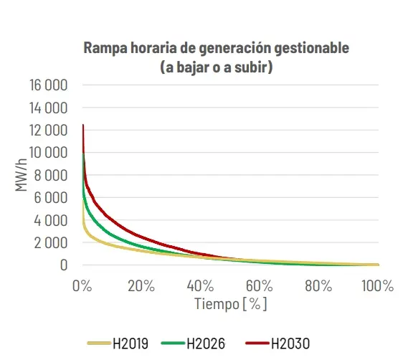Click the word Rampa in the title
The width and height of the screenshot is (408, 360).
[105, 48]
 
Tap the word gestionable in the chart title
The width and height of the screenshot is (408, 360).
[312, 48]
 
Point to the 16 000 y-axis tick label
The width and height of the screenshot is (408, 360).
[48, 85]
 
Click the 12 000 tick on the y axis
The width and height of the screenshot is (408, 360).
[48, 130]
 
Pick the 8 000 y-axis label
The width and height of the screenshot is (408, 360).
[51, 175]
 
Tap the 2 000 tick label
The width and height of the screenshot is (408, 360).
[51, 243]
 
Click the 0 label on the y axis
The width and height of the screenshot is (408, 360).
[64, 265]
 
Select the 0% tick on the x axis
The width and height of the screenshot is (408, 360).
[82, 286]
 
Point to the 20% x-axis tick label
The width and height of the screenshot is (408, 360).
[141, 286]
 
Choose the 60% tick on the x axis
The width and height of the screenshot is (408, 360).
[260, 286]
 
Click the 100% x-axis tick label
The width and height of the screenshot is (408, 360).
[378, 286]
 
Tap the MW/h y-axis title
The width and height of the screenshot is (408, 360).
[21, 175]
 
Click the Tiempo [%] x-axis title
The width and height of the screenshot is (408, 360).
[231, 304]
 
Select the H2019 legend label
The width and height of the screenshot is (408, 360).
[131, 344]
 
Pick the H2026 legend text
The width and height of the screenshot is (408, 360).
[206, 344]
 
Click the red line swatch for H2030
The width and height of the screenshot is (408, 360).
[257, 343]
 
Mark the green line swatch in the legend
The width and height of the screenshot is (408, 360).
[173, 343]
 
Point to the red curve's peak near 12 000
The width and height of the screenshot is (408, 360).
[83, 125]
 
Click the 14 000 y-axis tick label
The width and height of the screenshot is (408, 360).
[48, 108]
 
